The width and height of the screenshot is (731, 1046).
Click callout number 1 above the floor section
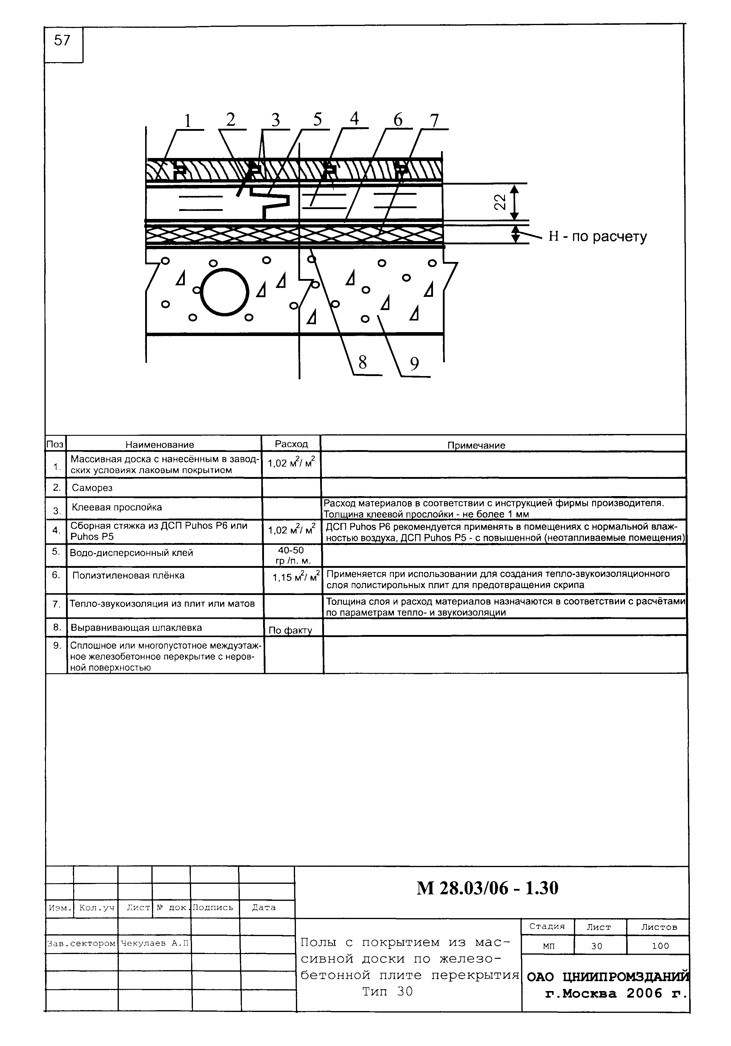pyautogui.click(x=187, y=121)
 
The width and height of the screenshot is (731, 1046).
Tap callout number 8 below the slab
pyautogui.click(x=363, y=363)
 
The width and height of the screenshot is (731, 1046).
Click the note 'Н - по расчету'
pyautogui.click(x=597, y=237)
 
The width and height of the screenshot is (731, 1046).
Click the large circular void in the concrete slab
pyautogui.click(x=225, y=292)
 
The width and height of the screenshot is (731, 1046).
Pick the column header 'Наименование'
pyautogui.click(x=160, y=445)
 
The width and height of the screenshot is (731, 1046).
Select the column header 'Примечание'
pyautogui.click(x=476, y=445)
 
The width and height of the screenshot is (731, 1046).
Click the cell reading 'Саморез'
pyautogui.click(x=92, y=488)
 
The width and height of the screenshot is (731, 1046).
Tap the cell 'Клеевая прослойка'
pyautogui.click(x=116, y=507)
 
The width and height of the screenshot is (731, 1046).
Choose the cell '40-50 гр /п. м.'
pyautogui.click(x=291, y=555)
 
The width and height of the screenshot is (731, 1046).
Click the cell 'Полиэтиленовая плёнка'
pyautogui.click(x=128, y=575)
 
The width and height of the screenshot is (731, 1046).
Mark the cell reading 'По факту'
pyautogui.click(x=290, y=631)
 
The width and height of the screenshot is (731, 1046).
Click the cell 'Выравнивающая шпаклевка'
pyautogui.click(x=136, y=628)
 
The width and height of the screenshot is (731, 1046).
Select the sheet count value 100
pyautogui.click(x=660, y=946)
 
